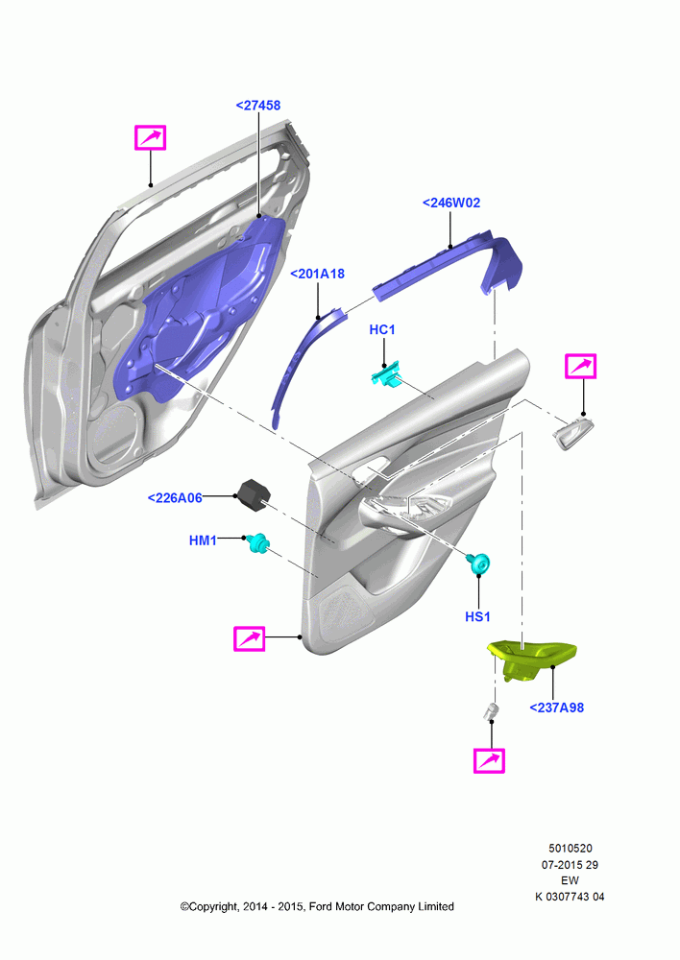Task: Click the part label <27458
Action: pos(258,106)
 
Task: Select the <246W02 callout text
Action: pos(451,203)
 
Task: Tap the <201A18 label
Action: pos(317,274)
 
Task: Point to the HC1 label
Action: pos(382,330)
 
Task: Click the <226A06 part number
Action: pos(175,497)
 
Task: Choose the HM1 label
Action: pos(203,540)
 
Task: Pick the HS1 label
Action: pos(478,616)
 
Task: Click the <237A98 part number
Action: pos(556,708)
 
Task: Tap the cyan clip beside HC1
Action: pos(386,373)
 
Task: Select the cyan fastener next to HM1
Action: pos(258,541)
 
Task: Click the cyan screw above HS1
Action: pos(479,562)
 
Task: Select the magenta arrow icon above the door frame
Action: pos(150,137)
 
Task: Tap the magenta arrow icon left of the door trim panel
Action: pos(250,638)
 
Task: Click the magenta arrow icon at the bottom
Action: pos(489,761)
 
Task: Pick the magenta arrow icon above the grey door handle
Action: pos(580,367)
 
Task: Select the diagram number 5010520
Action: pos(570,849)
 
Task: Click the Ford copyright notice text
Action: pos(317,907)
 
